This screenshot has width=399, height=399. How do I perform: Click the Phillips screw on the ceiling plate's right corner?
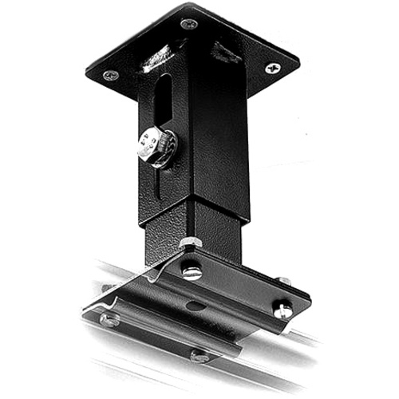pyautogui.click(x=272, y=69)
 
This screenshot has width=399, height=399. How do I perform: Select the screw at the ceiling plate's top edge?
pyautogui.click(x=188, y=24)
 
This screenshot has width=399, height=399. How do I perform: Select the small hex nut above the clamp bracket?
pyautogui.click(x=189, y=243)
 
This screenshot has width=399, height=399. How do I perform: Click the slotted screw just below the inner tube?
pyautogui.click(x=192, y=271)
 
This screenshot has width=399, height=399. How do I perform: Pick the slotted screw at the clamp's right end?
pyautogui.click(x=282, y=310)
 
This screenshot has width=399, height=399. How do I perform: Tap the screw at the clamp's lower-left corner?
pyautogui.click(x=109, y=319)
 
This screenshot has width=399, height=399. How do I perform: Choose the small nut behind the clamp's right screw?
pyautogui.click(x=284, y=281)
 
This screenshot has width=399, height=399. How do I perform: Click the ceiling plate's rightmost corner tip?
pyautogui.click(x=299, y=60)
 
